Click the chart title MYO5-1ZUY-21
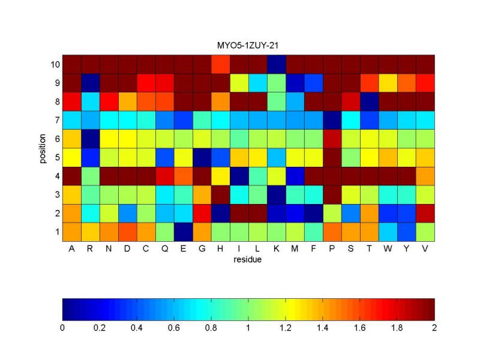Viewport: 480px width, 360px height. (x=248, y=46)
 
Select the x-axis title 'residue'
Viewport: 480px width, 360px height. (x=247, y=260)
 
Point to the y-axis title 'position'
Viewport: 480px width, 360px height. (x=43, y=148)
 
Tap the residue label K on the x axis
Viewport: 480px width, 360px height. (x=276, y=248)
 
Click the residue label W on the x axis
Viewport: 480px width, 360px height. (x=388, y=248)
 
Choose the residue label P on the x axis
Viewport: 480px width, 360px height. (x=332, y=248)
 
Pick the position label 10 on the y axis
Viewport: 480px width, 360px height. (x=55, y=65)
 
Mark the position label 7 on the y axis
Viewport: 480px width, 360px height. (x=57, y=121)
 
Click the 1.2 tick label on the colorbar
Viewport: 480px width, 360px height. (x=286, y=328)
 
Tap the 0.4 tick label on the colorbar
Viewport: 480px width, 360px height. (x=137, y=328)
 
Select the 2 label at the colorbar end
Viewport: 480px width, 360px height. (x=434, y=328)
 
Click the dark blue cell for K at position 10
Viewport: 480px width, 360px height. (x=277, y=64)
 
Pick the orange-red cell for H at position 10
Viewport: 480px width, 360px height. (x=220, y=64)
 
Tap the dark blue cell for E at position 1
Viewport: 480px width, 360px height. (x=184, y=232)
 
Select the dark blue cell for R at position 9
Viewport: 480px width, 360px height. (x=91, y=83)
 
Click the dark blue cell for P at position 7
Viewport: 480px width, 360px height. (x=332, y=121)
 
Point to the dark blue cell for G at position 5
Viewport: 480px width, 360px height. (x=202, y=158)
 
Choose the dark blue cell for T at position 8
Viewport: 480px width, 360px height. (x=370, y=101)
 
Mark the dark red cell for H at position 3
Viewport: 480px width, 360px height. (x=220, y=194)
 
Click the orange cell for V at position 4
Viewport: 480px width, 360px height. (x=425, y=176)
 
